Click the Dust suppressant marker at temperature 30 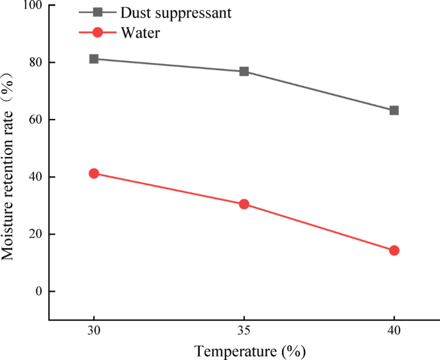point(94,59)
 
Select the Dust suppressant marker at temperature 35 point(244,71)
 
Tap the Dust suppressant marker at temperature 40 point(394,111)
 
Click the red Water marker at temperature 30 point(94,174)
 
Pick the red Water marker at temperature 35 point(244,204)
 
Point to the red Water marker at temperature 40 point(394,250)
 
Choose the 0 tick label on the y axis point(37,291)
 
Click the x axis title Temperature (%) point(251,351)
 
